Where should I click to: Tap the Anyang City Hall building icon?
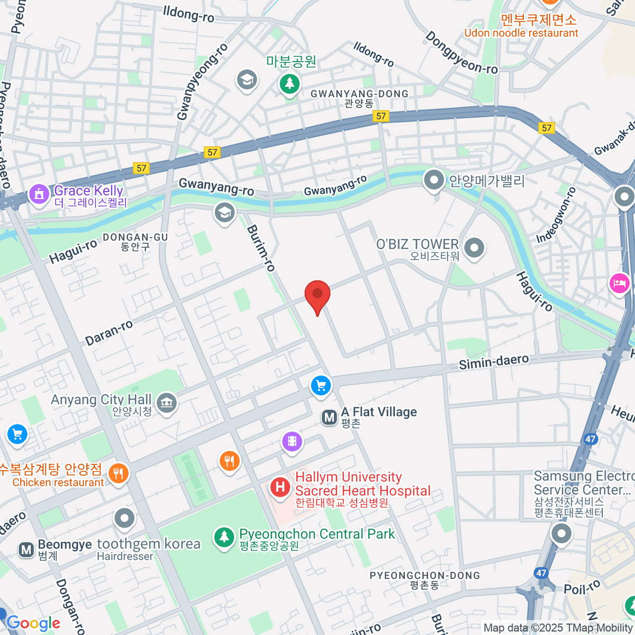167,403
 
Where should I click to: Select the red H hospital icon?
280,487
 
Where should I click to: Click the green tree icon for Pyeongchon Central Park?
224,537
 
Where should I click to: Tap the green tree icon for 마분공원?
289,83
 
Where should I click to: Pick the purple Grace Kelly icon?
39,194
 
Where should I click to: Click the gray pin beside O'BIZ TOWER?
474,247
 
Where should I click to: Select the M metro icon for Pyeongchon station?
329,418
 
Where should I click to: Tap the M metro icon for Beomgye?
26,549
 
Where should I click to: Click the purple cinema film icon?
292,441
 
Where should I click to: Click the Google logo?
33,623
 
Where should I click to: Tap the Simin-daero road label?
493,362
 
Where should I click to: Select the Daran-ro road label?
109,333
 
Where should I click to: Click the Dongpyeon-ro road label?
461,53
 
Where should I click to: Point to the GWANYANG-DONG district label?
359,94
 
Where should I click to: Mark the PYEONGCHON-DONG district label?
424,576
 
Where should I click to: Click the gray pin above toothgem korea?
124,519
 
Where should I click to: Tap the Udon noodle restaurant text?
521,33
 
